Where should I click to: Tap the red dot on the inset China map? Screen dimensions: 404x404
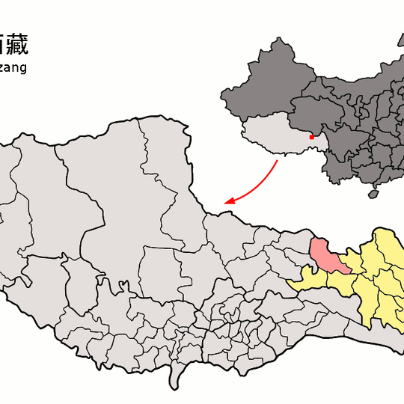(x=311, y=136)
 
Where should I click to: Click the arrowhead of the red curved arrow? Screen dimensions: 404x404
(x=230, y=202)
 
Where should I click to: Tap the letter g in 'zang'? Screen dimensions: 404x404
(x=23, y=70)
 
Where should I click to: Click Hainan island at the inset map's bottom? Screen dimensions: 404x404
(x=372, y=195)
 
